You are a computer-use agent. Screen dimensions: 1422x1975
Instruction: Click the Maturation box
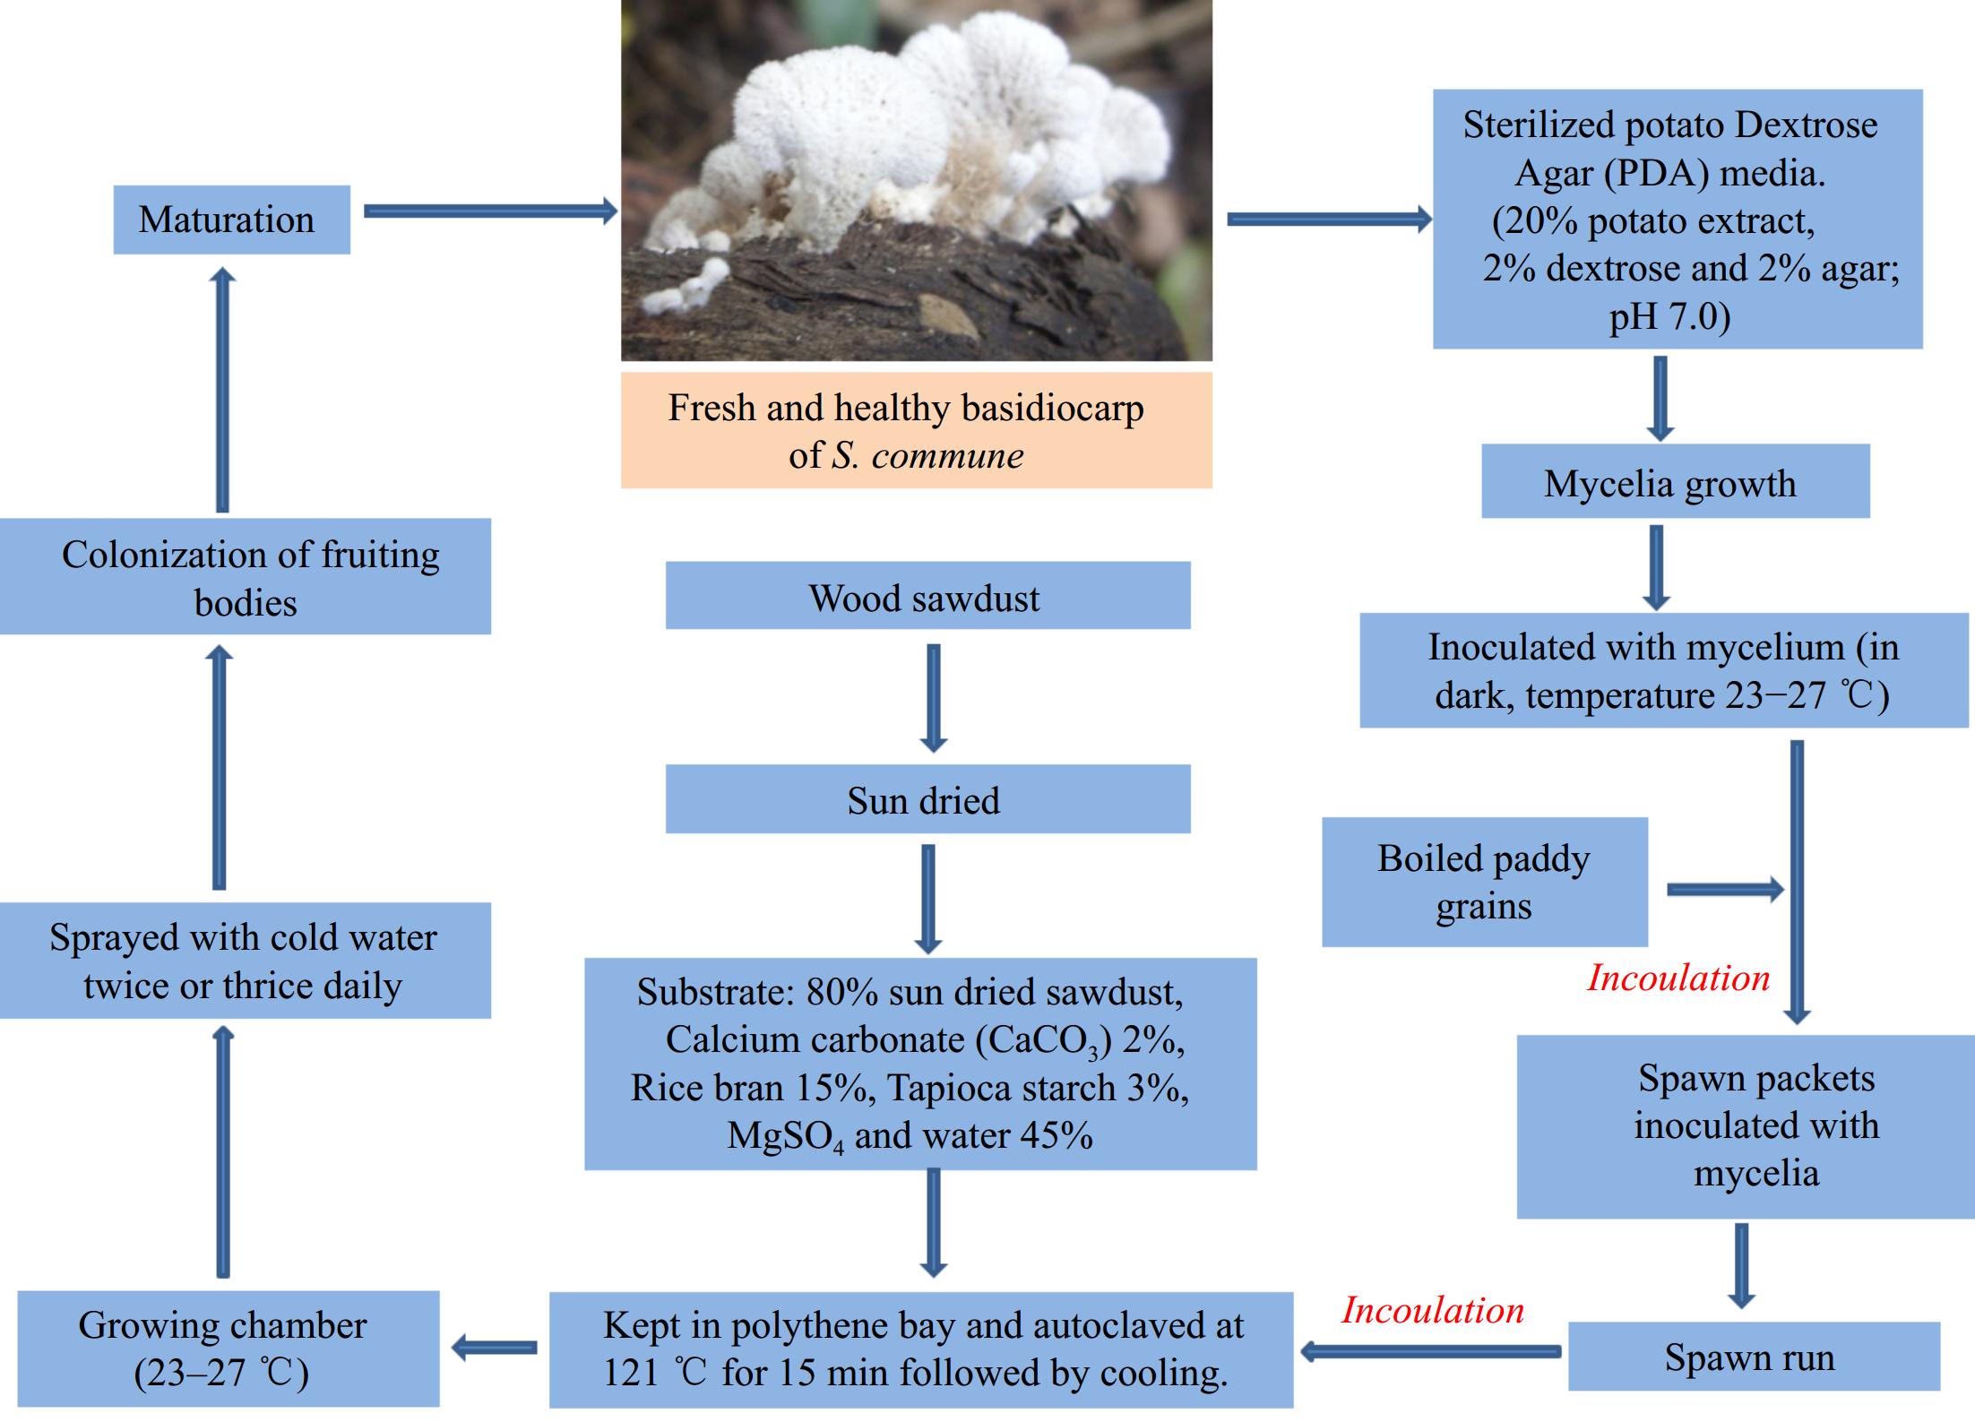coord(231,220)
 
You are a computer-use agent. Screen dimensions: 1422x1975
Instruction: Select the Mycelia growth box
coord(1675,481)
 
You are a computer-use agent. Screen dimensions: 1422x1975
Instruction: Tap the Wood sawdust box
coord(927,596)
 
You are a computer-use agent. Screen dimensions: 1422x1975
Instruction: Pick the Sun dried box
coord(927,799)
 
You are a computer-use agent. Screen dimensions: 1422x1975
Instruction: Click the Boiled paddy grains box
coord(1484,882)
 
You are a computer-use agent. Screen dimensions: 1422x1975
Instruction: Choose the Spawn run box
coord(1753,1357)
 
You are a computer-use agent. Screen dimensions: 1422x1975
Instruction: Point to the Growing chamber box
coord(228,1349)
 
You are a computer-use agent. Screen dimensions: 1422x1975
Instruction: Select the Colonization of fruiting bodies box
coord(245,577)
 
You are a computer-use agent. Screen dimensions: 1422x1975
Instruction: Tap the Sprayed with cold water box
coord(245,961)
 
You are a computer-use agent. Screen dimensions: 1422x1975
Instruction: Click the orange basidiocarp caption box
coord(916,431)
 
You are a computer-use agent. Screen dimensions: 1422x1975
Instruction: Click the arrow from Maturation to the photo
coord(490,211)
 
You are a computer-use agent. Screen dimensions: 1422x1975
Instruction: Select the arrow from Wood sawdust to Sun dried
coord(933,697)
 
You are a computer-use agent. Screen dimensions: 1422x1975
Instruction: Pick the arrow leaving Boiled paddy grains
coord(1724,890)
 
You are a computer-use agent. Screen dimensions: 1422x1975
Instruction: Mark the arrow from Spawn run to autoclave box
coord(1430,1351)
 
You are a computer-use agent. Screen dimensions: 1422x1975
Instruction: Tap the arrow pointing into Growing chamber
coord(495,1347)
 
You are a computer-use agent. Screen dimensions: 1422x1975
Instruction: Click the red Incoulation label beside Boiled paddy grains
coord(1678,978)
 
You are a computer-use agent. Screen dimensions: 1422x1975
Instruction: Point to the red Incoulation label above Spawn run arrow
coord(1432,1310)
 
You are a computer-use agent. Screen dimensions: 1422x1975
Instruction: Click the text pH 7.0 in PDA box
coord(1669,317)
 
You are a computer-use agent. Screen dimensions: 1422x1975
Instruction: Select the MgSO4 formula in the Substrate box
coord(785,1137)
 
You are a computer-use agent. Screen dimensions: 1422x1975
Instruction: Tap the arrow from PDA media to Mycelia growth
coord(1660,397)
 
